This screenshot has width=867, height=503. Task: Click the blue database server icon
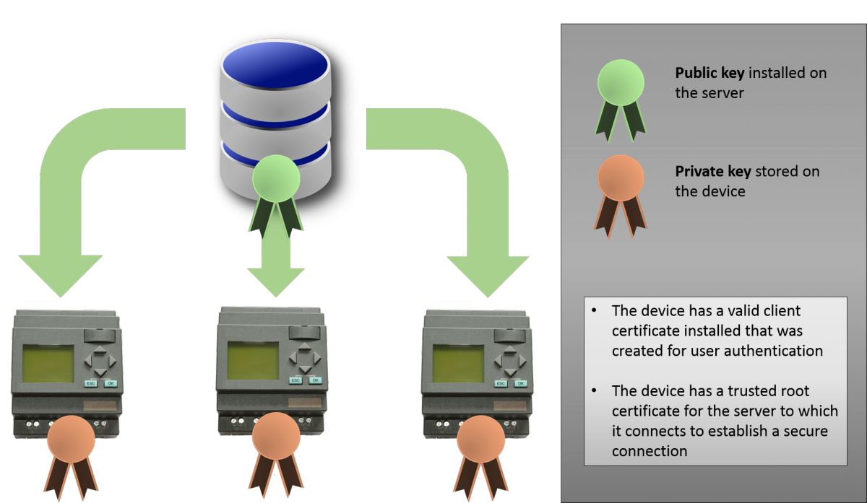coord(275,101)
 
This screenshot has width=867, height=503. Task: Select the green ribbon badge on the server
coord(275,180)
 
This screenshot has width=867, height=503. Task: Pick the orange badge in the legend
coord(620,180)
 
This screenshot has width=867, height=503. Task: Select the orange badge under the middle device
coord(276,437)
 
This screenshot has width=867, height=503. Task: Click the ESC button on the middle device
coord(296,380)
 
